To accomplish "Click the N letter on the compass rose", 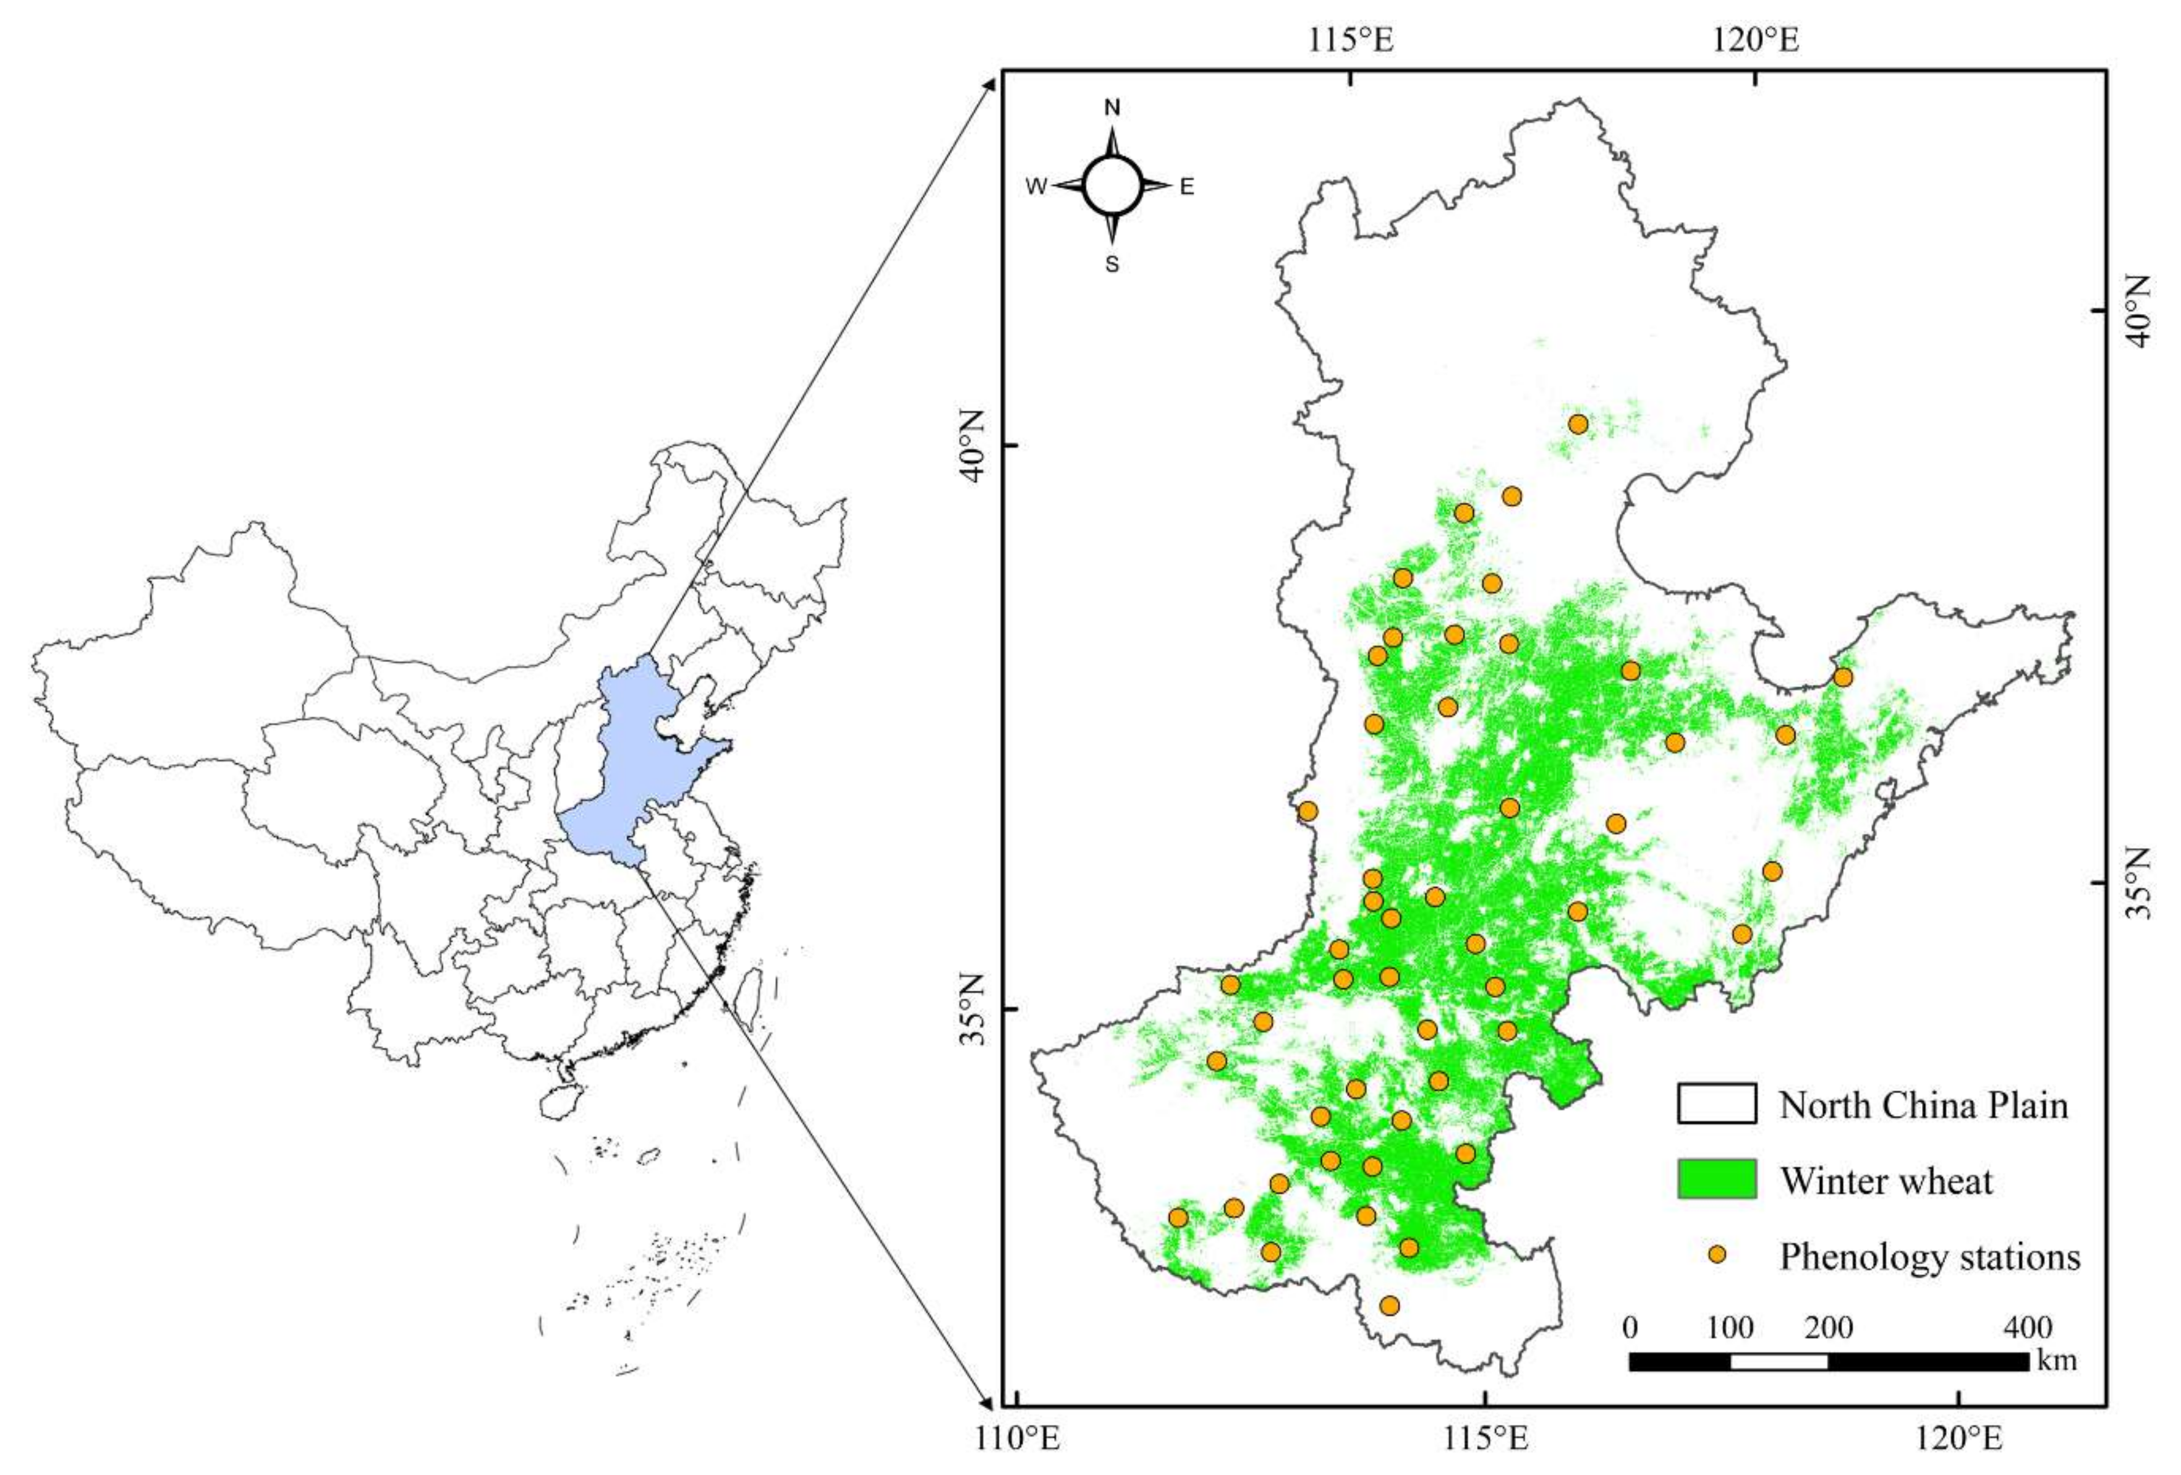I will [1112, 108].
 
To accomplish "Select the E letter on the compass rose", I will [1187, 187].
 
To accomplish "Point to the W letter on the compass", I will [1036, 187].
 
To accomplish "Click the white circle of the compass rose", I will [1112, 186].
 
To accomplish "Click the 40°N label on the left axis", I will [971, 446].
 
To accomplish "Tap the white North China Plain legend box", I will [1717, 1103].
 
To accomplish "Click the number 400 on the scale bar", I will [2027, 1328].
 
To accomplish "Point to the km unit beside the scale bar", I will [2056, 1359].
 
